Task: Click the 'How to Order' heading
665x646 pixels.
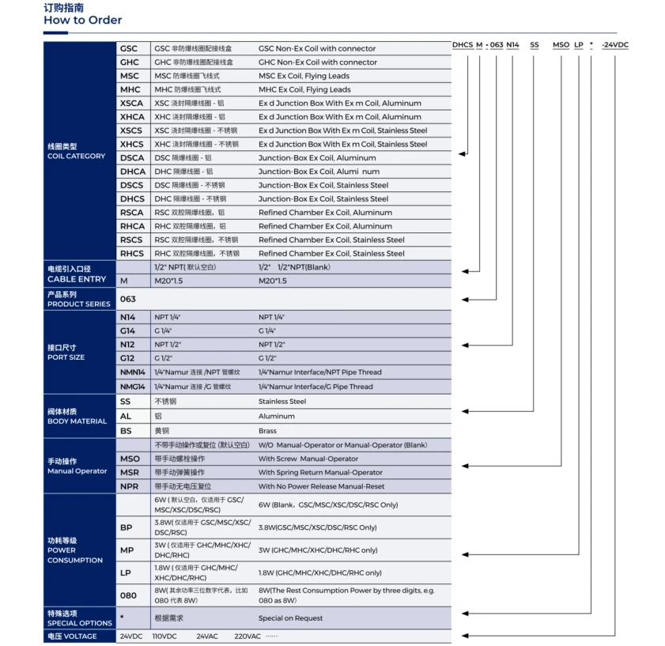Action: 83,20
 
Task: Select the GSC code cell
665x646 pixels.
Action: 129,48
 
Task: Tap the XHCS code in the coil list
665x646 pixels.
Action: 131,144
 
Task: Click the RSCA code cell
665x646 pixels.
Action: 131,213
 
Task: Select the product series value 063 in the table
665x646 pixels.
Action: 128,299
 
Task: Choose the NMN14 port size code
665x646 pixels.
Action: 133,372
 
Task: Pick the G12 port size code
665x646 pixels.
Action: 128,358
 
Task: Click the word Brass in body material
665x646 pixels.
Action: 267,431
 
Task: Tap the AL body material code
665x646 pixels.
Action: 126,416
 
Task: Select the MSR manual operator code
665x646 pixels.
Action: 130,472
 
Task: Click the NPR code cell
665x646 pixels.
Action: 130,486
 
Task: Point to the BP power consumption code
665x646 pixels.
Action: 127,527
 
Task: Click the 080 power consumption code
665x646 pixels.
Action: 128,595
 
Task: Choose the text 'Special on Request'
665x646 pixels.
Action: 290,618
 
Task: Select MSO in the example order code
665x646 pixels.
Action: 561,45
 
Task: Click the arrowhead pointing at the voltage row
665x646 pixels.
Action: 464,636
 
